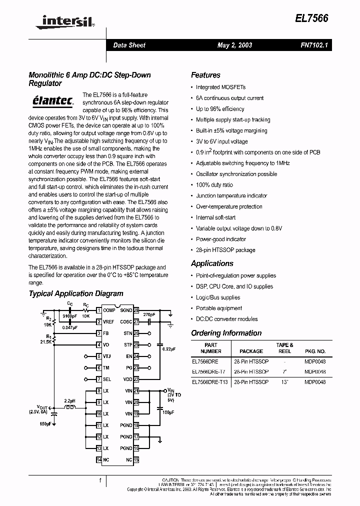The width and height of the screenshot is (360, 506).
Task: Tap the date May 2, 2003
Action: (234, 45)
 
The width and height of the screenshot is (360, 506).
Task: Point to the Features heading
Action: (205, 75)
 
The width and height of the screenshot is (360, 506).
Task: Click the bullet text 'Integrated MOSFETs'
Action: (214, 87)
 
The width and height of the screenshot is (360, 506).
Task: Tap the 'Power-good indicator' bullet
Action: (221, 239)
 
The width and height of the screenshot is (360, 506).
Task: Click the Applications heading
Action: (212, 263)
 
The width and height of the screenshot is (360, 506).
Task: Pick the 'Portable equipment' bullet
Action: (219, 308)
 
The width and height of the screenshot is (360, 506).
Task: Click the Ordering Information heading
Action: (226, 333)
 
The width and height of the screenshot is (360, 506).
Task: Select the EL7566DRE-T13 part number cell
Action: (209, 382)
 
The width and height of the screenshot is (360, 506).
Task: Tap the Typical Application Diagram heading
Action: (76, 294)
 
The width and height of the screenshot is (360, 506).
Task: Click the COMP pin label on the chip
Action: (109, 310)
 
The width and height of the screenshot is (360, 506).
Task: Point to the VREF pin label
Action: (109, 322)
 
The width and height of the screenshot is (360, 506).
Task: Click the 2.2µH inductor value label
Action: (69, 401)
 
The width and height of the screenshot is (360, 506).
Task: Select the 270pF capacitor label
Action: (149, 315)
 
